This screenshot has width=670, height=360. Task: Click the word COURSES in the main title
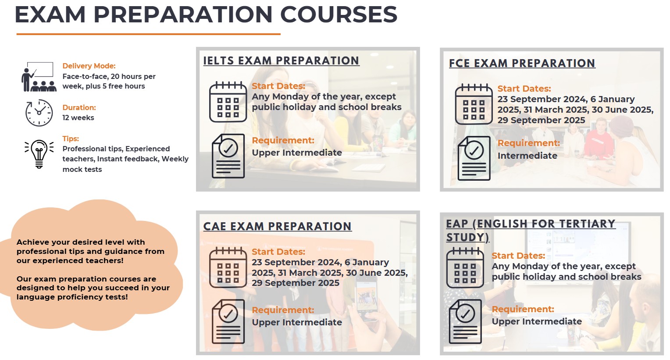(x=339, y=14)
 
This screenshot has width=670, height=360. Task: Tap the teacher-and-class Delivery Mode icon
(x=39, y=77)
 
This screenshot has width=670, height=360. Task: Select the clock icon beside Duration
(x=39, y=113)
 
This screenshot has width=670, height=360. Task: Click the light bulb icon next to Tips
(x=39, y=154)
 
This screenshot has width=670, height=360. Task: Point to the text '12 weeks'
(x=78, y=118)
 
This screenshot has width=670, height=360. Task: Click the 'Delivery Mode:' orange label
(x=89, y=66)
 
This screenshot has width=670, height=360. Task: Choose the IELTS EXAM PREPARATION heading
(x=281, y=61)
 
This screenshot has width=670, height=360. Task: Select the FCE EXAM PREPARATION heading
(x=522, y=64)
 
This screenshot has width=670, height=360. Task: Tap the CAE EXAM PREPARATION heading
(x=277, y=226)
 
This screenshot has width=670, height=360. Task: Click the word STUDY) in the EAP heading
(x=467, y=237)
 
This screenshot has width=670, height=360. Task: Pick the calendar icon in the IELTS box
(x=228, y=102)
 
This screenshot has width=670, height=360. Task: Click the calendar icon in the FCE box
(x=474, y=104)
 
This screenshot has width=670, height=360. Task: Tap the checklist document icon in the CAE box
(x=228, y=321)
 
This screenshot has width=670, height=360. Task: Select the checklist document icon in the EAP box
(x=465, y=321)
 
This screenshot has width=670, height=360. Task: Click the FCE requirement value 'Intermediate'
(x=527, y=156)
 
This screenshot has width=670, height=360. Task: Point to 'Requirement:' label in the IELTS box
(x=283, y=140)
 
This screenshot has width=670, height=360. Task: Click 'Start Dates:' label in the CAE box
(x=278, y=252)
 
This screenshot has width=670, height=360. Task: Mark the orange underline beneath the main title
(x=148, y=34)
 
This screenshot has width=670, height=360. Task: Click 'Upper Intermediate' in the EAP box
(x=537, y=321)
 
